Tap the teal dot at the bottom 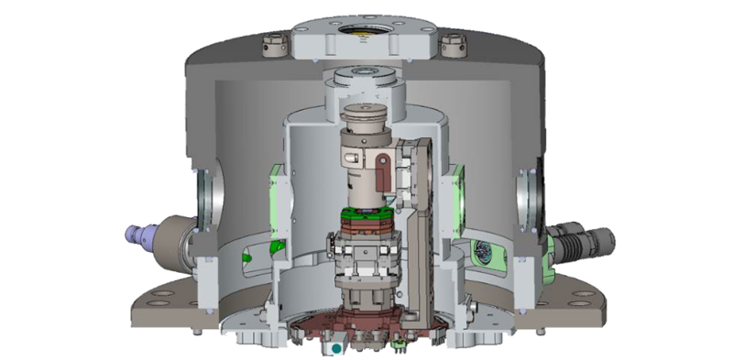click(x=338, y=348)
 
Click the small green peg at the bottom click(x=399, y=344)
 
